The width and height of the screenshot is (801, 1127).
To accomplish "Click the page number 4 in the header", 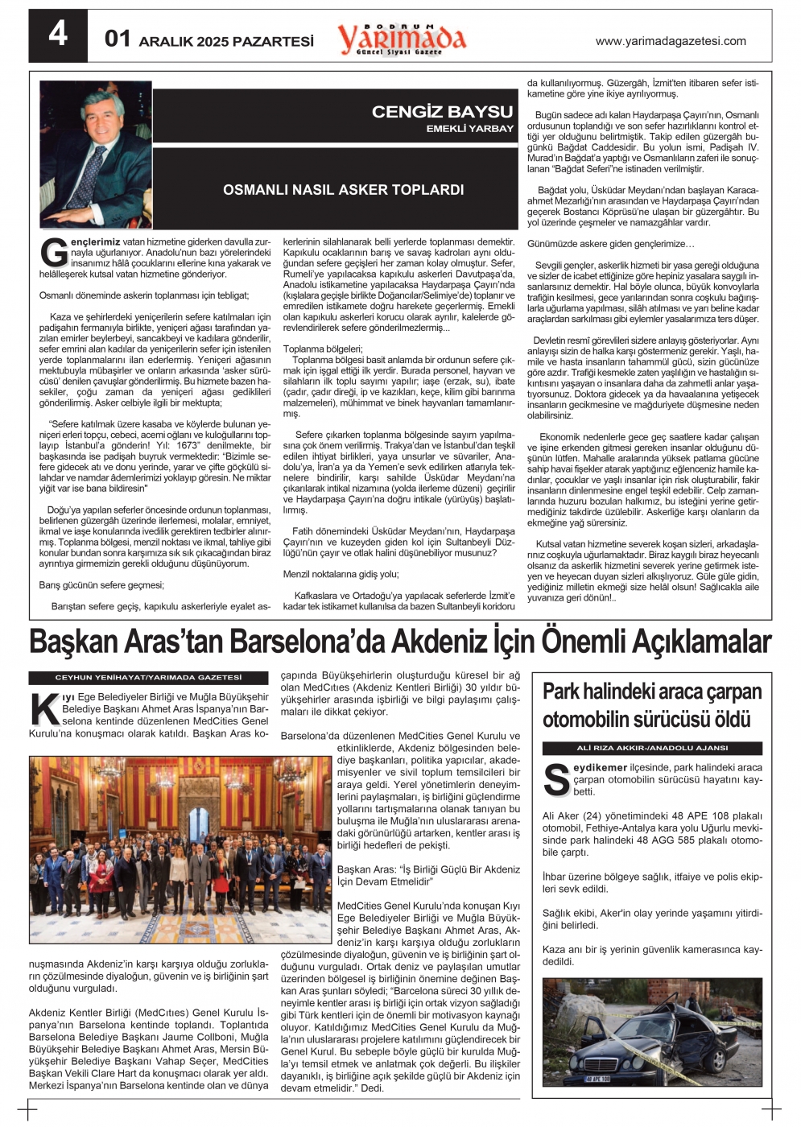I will tap(58, 35).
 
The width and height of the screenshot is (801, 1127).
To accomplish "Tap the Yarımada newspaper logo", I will tap(401, 39).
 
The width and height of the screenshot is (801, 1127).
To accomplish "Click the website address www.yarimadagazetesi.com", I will tap(670, 41).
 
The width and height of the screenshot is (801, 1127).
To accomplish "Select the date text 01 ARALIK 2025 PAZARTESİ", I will tap(209, 39).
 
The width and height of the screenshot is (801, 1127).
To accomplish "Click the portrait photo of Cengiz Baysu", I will tap(96, 155).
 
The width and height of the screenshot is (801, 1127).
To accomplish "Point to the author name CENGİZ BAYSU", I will tap(442, 112).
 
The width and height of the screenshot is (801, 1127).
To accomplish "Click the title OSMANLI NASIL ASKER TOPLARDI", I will tap(343, 190).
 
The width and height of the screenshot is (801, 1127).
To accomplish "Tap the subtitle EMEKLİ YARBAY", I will tap(469, 129).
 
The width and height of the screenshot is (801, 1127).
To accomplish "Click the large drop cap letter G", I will tap(53, 252).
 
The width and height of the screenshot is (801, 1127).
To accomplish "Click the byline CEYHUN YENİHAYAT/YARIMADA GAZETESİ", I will tap(148, 678).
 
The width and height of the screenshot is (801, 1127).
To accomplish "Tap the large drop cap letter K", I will tap(43, 708).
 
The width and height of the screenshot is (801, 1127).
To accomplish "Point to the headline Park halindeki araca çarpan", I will tap(651, 691).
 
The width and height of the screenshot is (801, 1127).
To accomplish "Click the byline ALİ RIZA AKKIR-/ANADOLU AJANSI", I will tap(652, 748).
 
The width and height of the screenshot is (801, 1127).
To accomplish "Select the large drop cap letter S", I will tap(556, 779).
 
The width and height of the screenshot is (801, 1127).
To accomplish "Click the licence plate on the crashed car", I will tap(597, 1079).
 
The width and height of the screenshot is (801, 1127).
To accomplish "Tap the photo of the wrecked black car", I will tap(652, 1032).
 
